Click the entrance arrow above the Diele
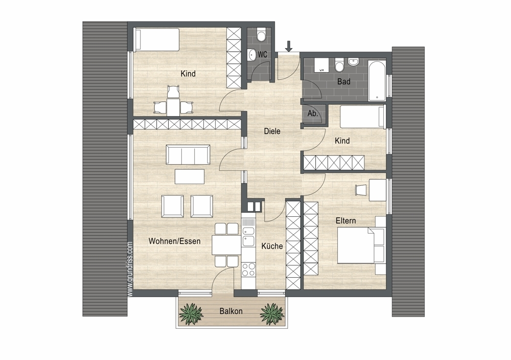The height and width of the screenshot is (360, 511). click(x=289, y=47)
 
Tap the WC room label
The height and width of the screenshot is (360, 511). click(x=262, y=54)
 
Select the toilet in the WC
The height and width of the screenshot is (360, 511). click(x=261, y=35)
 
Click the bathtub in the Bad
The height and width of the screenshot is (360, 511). click(x=377, y=80)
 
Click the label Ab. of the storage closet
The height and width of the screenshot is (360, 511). click(x=313, y=114)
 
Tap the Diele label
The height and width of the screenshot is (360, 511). click(x=272, y=131)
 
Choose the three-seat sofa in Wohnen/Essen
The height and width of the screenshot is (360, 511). click(x=188, y=154)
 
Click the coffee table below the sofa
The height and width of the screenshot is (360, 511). click(x=190, y=176)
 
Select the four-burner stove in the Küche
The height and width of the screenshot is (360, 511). click(x=248, y=269)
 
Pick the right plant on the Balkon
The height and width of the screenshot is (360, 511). click(x=272, y=313)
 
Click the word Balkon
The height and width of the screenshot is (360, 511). click(x=231, y=311)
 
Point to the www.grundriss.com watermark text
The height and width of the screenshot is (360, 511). click(x=130, y=269)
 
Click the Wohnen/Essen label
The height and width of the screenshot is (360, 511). click(x=174, y=241)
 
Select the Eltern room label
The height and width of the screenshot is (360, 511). click(x=346, y=221)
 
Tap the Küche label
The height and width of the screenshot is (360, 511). click(x=272, y=246)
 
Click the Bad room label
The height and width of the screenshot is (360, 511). click(x=344, y=81)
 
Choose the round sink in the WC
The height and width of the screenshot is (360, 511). click(x=252, y=55)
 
